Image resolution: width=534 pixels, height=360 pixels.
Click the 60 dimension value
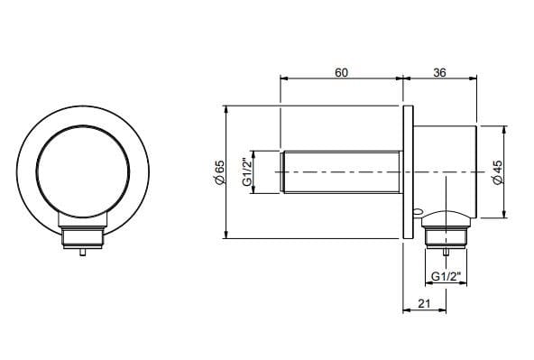coord(342,72)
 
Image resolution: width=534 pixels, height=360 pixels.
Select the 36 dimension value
coord(440,72)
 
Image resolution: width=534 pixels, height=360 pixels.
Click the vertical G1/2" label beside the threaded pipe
coord(245,171)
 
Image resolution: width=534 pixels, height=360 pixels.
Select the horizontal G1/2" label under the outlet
coord(446,275)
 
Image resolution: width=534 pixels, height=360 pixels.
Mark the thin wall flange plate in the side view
coord(408,171)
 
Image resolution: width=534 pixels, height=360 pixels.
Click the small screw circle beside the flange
coord(417,214)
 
